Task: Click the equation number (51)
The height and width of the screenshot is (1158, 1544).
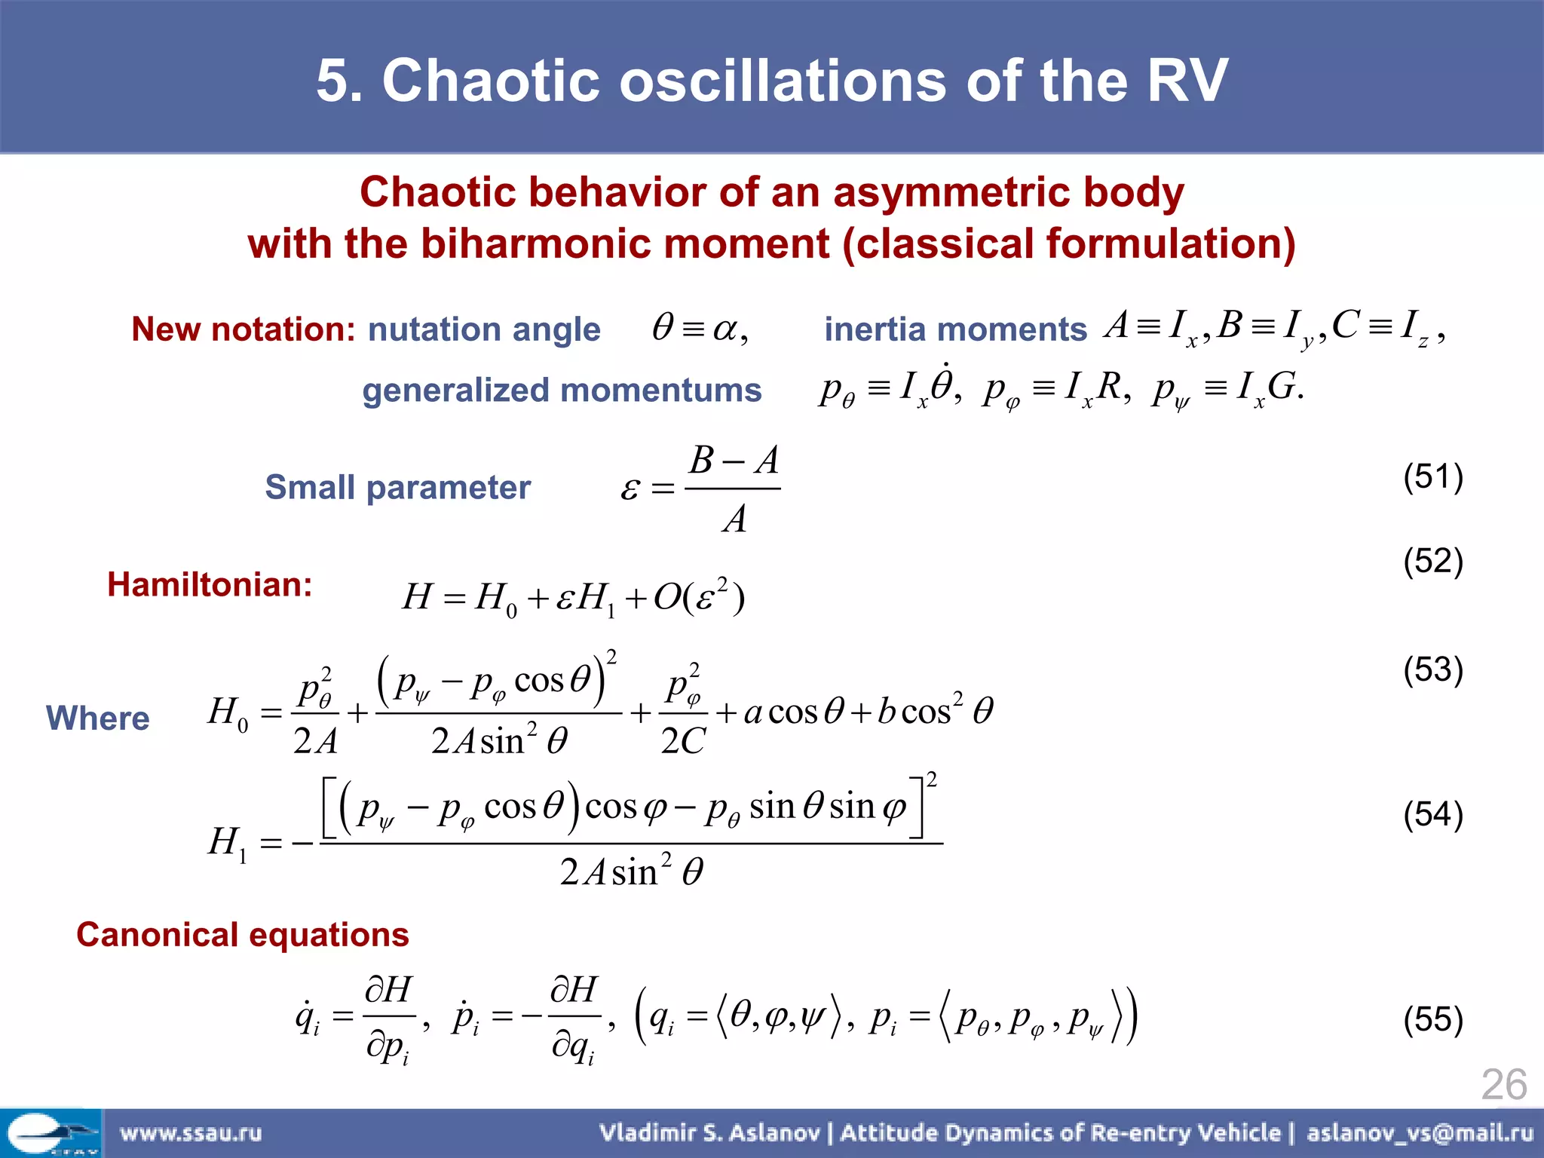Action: pyautogui.click(x=1432, y=477)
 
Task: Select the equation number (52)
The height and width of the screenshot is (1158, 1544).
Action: pyautogui.click(x=1432, y=562)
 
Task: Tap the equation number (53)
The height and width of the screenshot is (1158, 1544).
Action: pyautogui.click(x=1432, y=669)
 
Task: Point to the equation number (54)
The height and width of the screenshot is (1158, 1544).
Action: pyautogui.click(x=1432, y=815)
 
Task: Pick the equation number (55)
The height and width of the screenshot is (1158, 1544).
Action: pyautogui.click(x=1432, y=1019)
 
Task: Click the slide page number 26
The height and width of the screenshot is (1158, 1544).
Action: pyautogui.click(x=1503, y=1085)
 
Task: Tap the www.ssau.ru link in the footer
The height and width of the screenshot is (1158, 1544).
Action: pyautogui.click(x=191, y=1132)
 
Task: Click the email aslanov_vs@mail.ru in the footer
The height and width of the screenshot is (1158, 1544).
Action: pyautogui.click(x=1420, y=1132)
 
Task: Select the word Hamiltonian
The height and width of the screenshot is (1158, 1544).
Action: pyautogui.click(x=210, y=584)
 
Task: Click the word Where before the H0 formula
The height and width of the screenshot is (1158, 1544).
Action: pyautogui.click(x=98, y=718)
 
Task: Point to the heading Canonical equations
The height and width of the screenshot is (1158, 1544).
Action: pyautogui.click(x=243, y=935)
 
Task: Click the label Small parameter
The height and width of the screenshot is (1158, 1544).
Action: pyautogui.click(x=398, y=487)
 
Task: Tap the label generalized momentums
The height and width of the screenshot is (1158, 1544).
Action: pyautogui.click(x=562, y=391)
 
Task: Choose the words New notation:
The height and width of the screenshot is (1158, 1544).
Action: pyautogui.click(x=243, y=329)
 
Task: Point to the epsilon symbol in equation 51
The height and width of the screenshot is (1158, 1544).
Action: pyautogui.click(x=630, y=490)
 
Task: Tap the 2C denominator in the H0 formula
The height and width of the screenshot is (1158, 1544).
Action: pyautogui.click(x=683, y=741)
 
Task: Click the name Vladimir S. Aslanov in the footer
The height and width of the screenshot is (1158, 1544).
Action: pyautogui.click(x=709, y=1132)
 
